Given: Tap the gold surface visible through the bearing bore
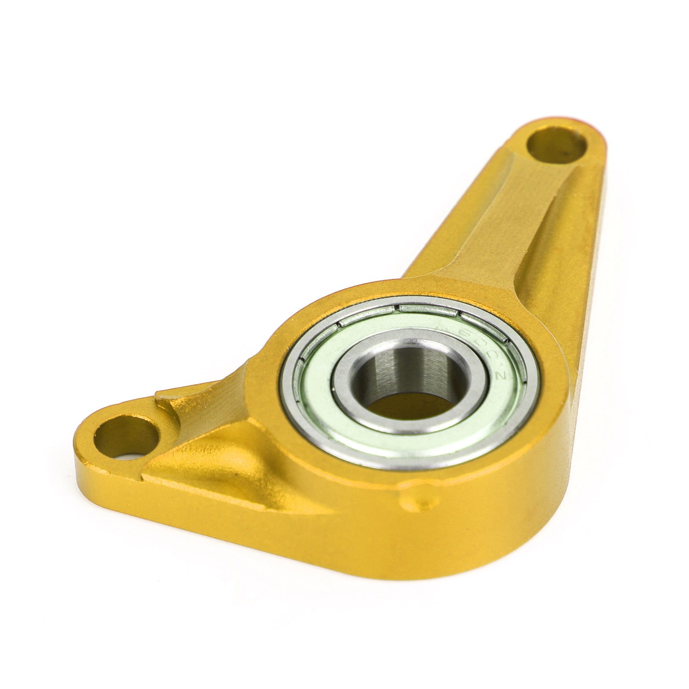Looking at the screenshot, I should tap(405, 407).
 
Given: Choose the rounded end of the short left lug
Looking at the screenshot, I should tap(86, 448).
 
